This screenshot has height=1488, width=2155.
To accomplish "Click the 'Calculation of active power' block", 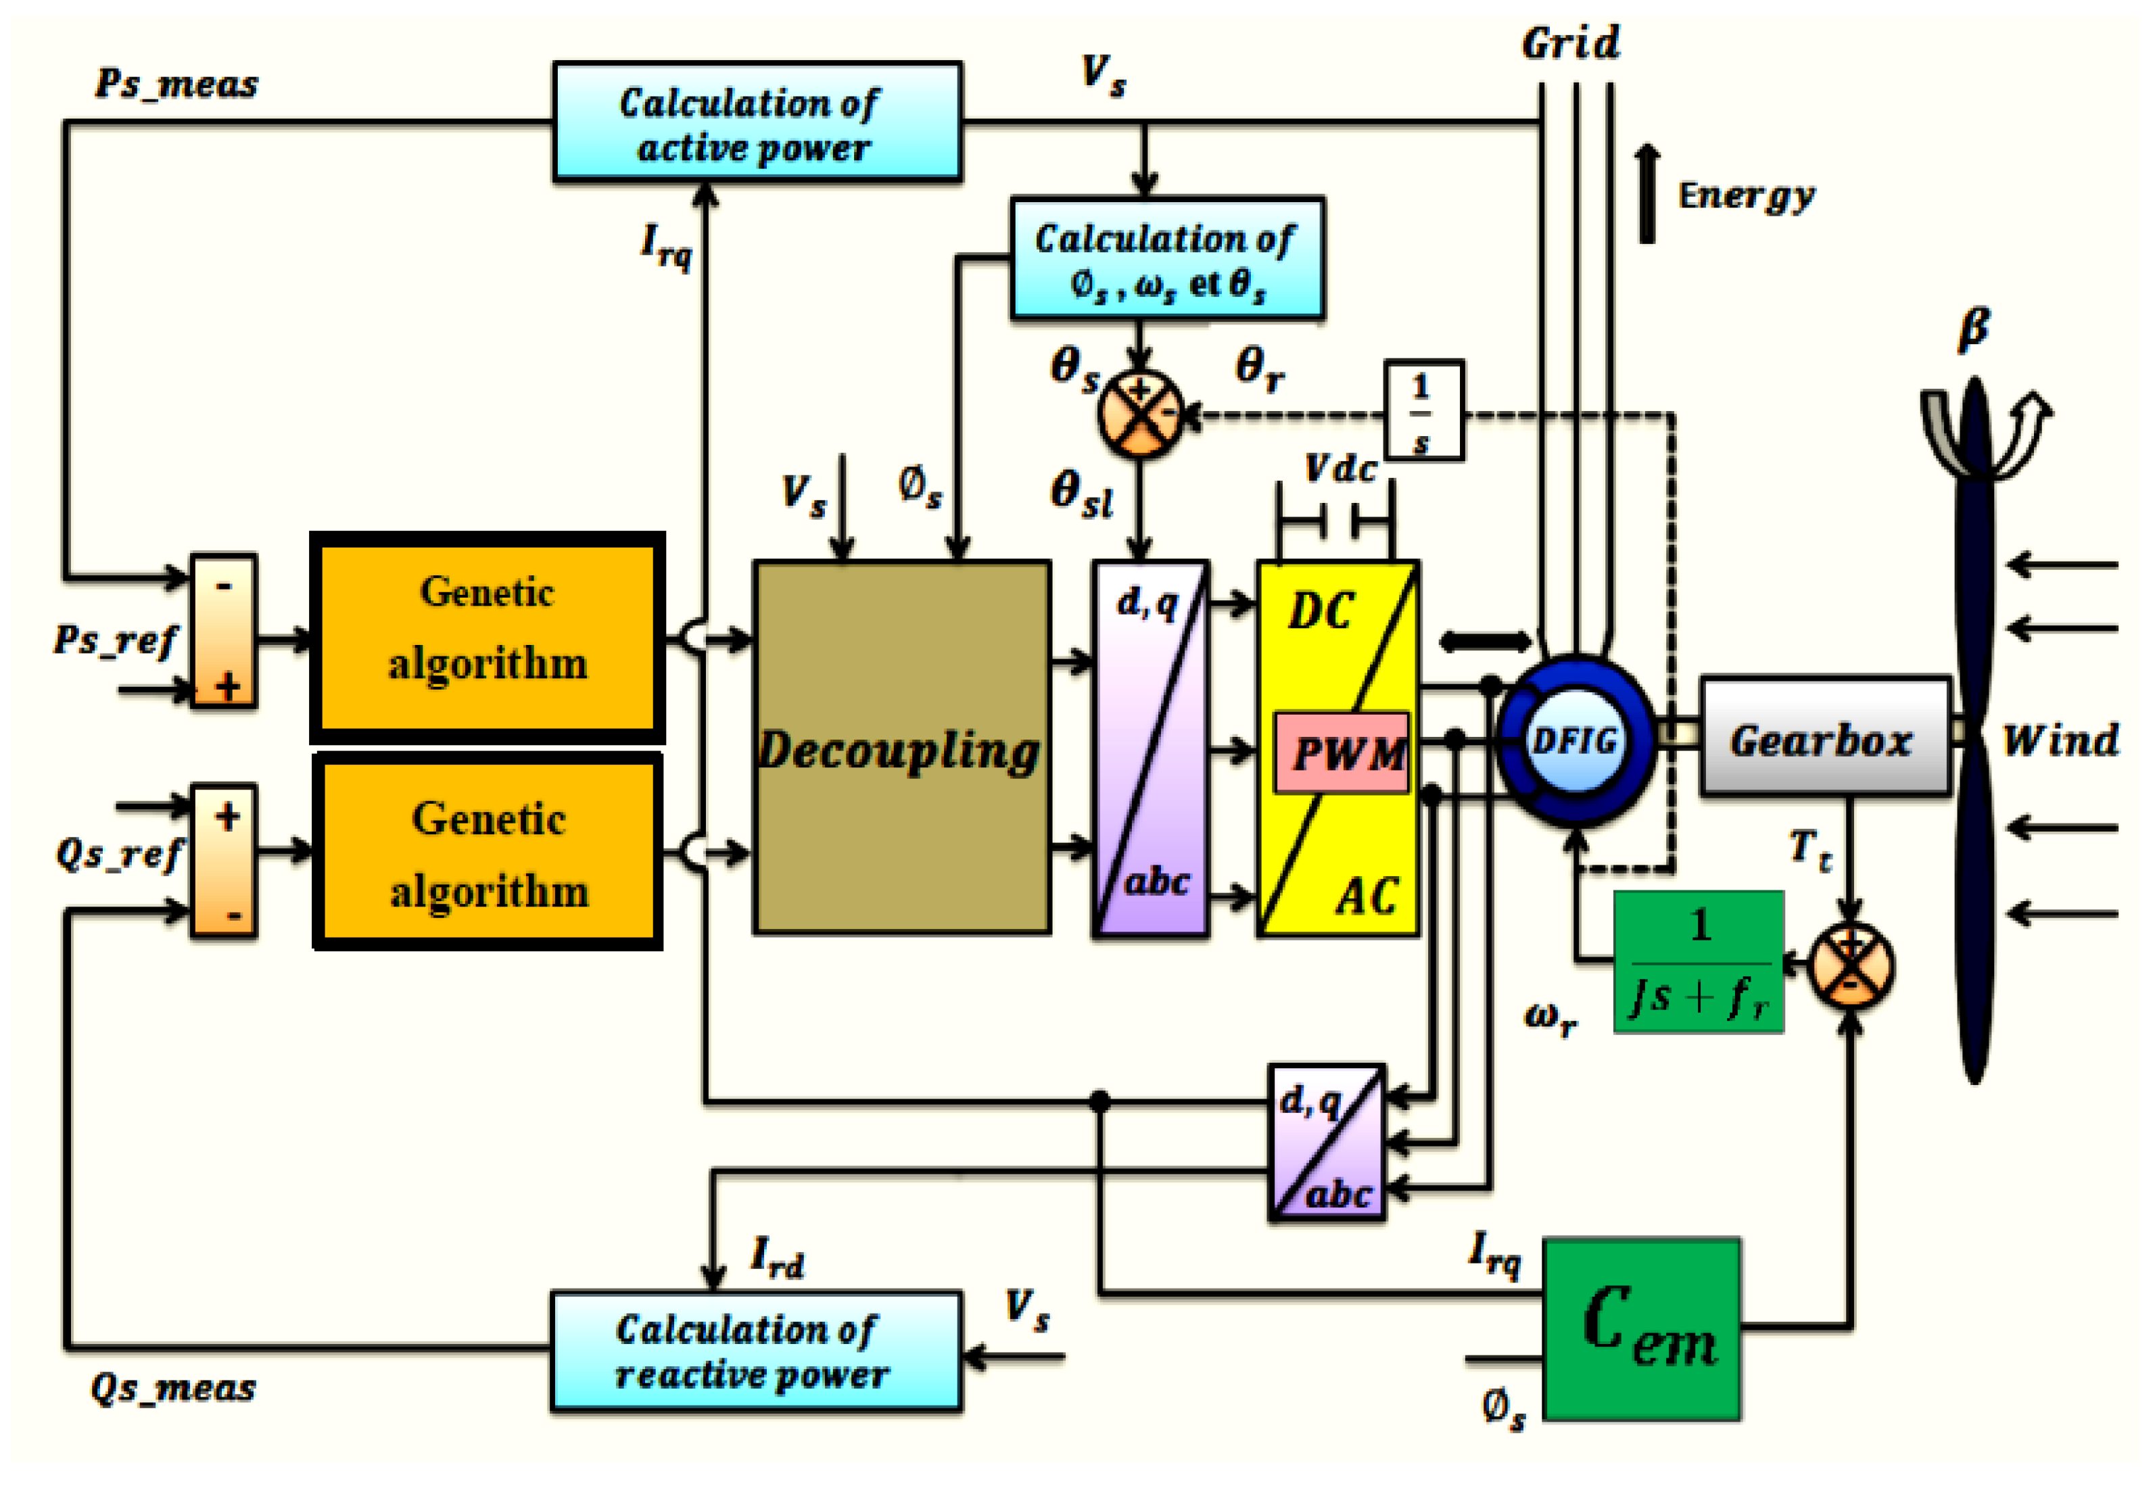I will point(756,121).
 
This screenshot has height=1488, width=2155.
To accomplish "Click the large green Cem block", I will point(1641,1328).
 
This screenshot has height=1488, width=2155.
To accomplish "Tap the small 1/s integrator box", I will point(1422,410).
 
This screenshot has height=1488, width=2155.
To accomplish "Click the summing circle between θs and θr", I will point(1139,413).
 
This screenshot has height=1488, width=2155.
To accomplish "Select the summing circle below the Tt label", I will point(1850,965).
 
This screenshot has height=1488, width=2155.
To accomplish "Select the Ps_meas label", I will point(176,84).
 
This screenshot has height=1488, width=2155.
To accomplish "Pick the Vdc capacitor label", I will point(1340,468).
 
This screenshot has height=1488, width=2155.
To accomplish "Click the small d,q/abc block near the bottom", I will point(1327,1141).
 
